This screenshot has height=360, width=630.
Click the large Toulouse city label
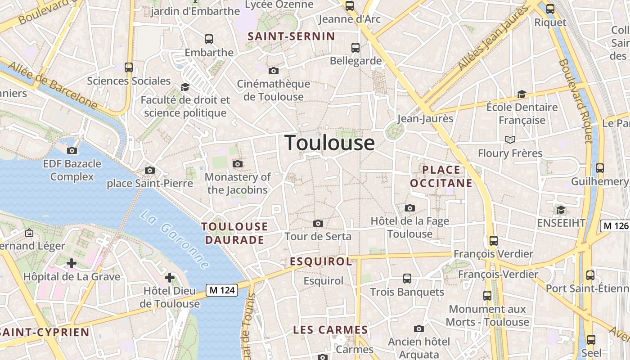point(330,143)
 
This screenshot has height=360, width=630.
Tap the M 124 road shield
point(222,290)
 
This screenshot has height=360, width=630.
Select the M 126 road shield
point(615,226)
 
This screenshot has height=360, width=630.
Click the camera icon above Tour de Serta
point(318,223)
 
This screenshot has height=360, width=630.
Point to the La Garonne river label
point(175,239)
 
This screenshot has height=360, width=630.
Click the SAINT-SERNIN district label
point(292,36)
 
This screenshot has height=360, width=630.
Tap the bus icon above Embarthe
point(209,39)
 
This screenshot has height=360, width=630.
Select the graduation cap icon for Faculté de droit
point(185,87)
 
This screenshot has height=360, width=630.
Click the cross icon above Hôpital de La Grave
point(72,263)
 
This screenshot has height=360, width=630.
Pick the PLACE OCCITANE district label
point(441,176)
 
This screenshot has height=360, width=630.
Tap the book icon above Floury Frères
point(510,140)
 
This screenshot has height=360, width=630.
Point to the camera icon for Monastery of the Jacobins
point(238,164)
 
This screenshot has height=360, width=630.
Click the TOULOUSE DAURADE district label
point(234,233)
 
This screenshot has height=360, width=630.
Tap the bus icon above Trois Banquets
point(407,279)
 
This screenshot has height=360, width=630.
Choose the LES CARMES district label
point(330,330)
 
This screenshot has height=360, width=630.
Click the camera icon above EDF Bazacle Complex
point(72,150)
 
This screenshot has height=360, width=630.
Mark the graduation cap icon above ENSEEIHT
point(561,210)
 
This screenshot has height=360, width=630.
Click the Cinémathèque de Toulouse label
point(274,90)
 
